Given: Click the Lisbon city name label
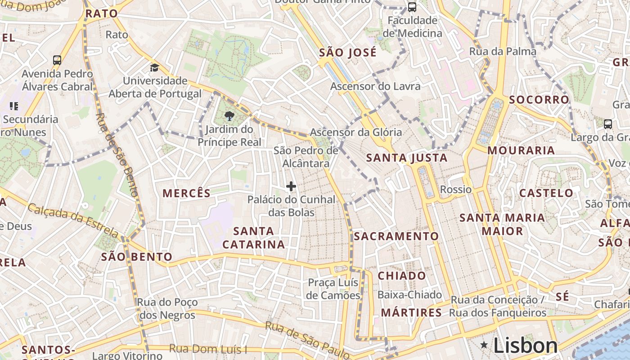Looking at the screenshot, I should tap(526, 346).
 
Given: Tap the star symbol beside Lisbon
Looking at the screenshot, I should tap(484, 345).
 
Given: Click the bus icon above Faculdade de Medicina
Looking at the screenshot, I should tap(412, 7).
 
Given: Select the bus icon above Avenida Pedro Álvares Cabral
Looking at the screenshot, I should tap(57, 60).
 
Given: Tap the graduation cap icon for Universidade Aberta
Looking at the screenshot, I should tap(155, 68).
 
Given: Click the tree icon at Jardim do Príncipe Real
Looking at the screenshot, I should tap(229, 116).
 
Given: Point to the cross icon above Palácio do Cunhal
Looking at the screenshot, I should tap(291, 186).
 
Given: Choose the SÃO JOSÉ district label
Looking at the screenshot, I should tap(347, 53).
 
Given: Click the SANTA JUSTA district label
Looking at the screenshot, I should tap(407, 158).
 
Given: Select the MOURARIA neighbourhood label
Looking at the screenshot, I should tap(521, 150).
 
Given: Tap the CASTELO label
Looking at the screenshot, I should tap(546, 193).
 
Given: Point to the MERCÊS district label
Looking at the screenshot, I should tap(186, 193).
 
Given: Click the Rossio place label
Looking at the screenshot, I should tap(456, 189).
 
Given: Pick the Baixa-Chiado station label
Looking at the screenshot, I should tap(409, 295).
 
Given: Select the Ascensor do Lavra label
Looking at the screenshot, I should tap(375, 86).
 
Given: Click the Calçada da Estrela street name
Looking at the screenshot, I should tap(74, 220).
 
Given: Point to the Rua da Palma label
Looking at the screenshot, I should tap(503, 51).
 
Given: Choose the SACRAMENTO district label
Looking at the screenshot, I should tap(396, 236).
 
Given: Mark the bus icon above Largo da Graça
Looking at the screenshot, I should tap(607, 124).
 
